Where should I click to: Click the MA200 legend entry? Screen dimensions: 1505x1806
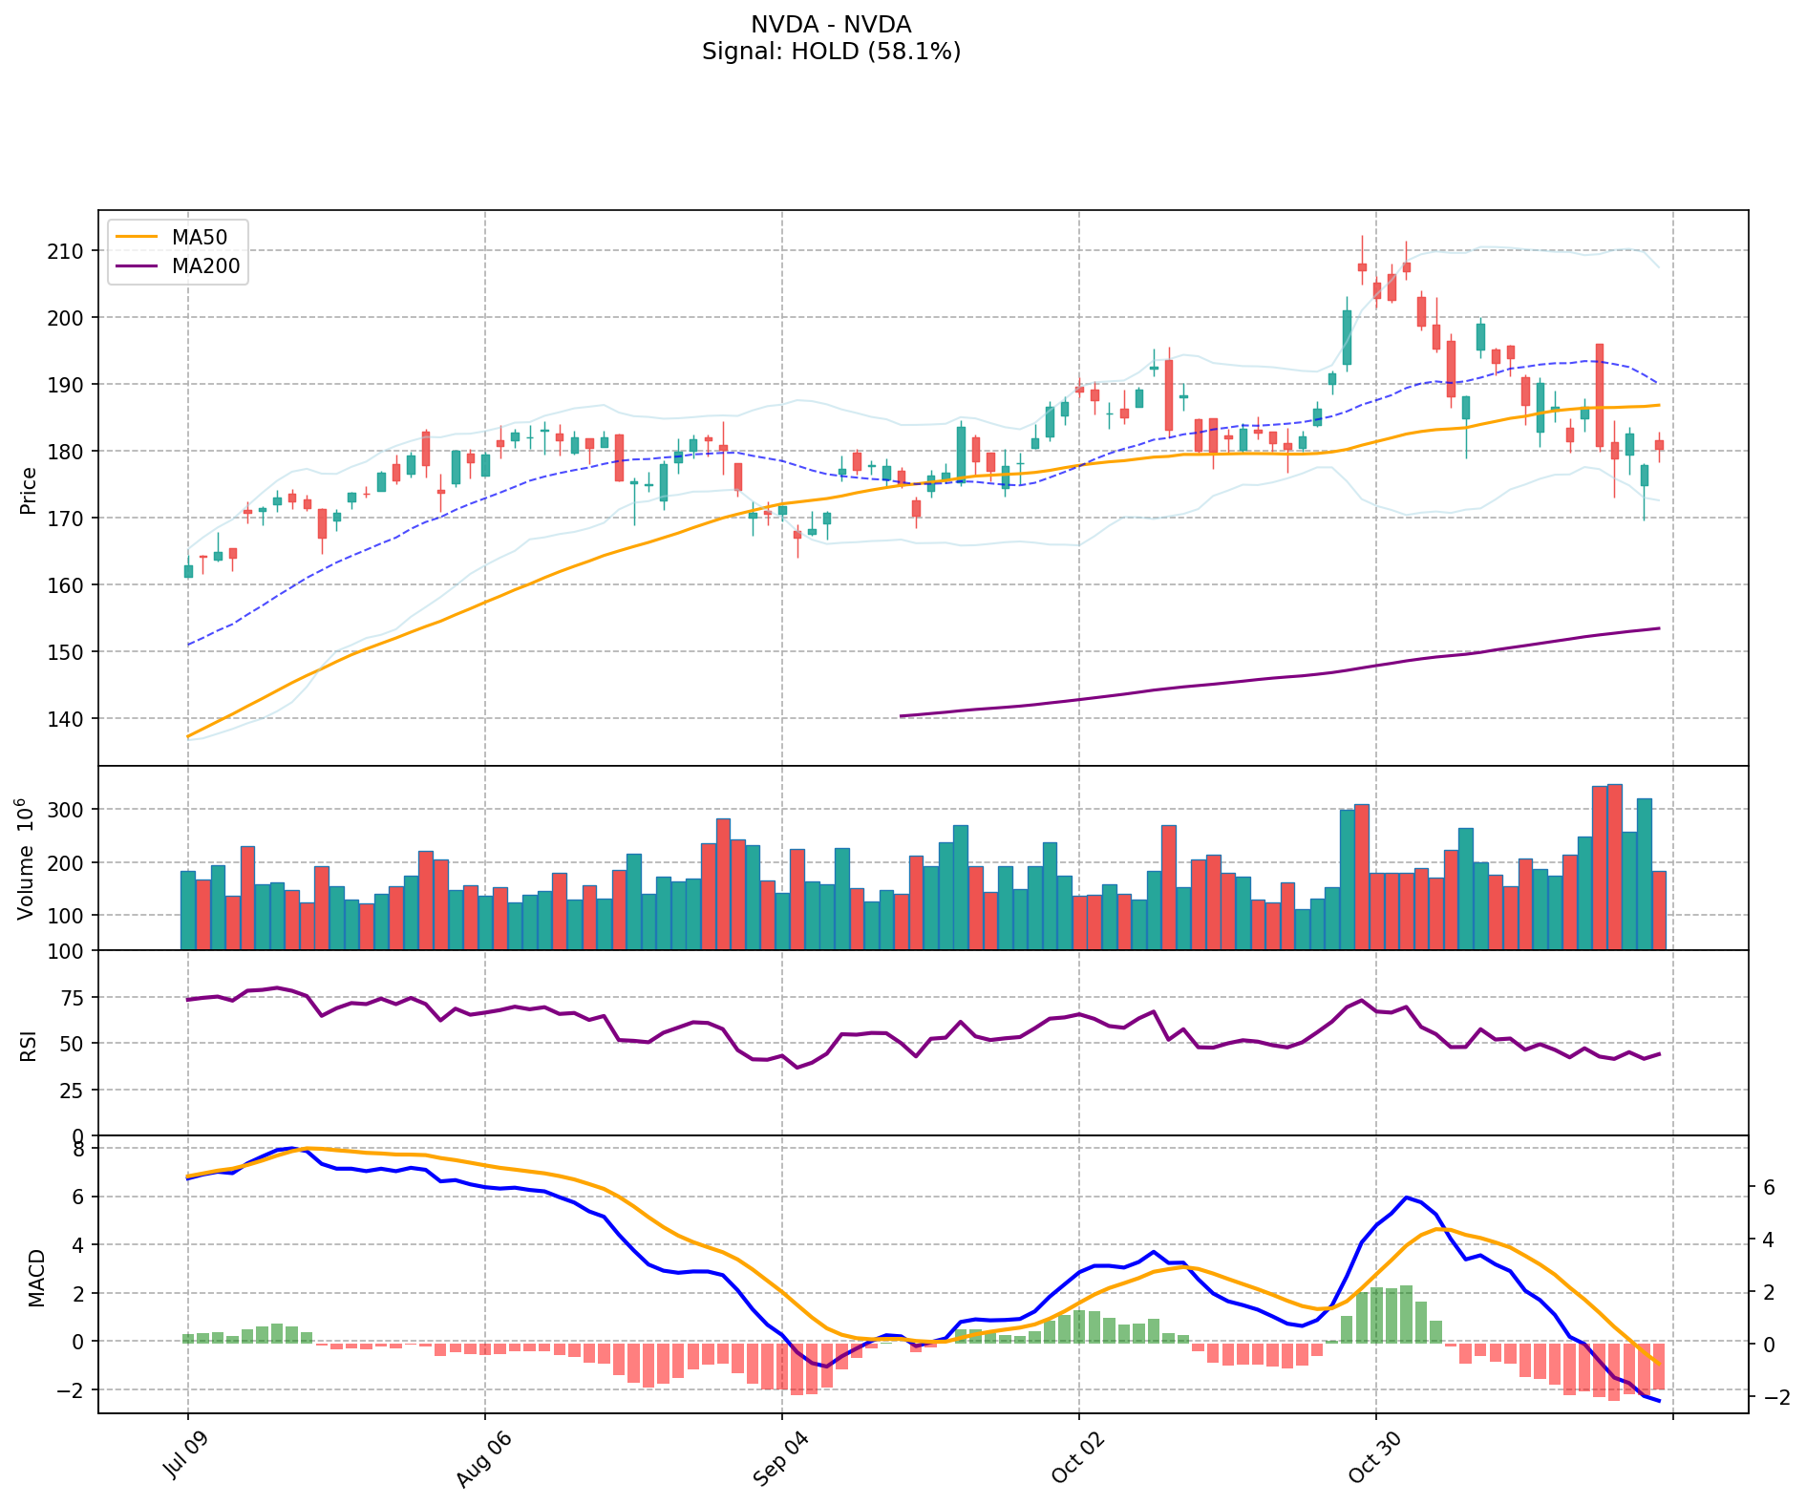pos(205,266)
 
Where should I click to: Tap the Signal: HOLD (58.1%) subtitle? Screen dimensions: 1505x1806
pos(831,52)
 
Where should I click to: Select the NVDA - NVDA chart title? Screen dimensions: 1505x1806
pos(831,25)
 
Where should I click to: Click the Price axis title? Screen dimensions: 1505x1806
pos(29,490)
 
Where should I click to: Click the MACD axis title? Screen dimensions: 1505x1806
pos(36,1278)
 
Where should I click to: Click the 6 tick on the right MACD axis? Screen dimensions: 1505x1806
pos(1769,1187)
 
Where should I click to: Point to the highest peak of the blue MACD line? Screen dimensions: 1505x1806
pos(293,1148)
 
